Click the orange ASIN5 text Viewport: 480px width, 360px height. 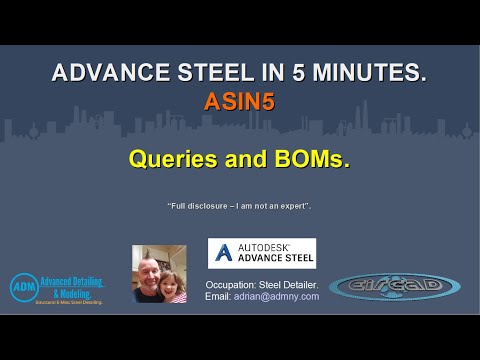240,101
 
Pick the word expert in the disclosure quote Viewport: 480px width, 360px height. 294,205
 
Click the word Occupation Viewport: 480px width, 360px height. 233,283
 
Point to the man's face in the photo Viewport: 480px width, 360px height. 149,265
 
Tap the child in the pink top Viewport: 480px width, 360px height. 174,285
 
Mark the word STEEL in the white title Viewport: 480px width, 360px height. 216,73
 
